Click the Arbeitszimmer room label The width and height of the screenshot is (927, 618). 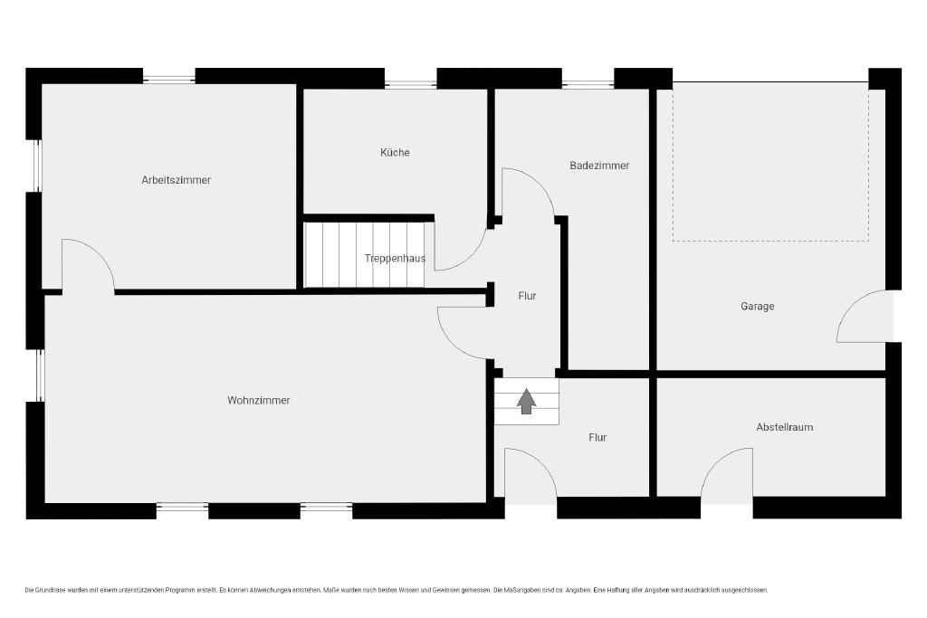point(177,180)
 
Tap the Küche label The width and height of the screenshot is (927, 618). point(395,152)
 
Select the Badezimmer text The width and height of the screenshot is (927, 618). point(599,166)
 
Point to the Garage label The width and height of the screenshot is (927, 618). point(758,306)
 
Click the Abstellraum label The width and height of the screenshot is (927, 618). point(785,426)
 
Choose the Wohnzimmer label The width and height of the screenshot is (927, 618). point(259,400)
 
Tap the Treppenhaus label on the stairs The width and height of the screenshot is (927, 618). point(395,258)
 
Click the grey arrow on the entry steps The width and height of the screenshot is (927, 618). point(526,401)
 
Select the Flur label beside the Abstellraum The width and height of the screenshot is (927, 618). point(597,437)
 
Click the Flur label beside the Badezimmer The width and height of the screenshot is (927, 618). point(527,295)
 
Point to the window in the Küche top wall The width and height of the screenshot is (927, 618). point(410,84)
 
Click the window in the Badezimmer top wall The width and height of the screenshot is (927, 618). point(588,84)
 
